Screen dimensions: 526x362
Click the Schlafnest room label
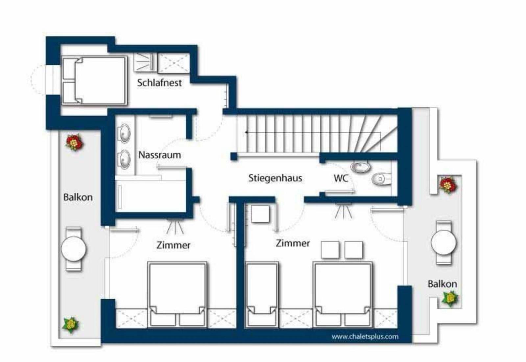pyautogui.click(x=159, y=83)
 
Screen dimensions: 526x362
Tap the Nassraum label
pyautogui.click(x=160, y=155)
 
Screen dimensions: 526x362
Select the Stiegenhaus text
pyautogui.click(x=275, y=178)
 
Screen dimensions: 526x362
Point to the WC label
pyautogui.click(x=341, y=178)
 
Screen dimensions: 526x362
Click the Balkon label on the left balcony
pyautogui.click(x=78, y=197)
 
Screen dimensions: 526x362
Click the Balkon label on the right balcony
pyautogui.click(x=442, y=284)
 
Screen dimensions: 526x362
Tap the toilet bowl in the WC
pyautogui.click(x=382, y=179)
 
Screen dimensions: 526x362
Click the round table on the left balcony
pyautogui.click(x=74, y=249)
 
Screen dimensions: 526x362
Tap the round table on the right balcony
pyautogui.click(x=443, y=242)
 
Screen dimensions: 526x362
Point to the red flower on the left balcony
pyautogui.click(x=74, y=142)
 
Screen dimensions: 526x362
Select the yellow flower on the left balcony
pyautogui.click(x=71, y=325)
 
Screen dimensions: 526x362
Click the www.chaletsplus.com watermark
pyautogui.click(x=365, y=337)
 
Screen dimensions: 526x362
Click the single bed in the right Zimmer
pyautogui.click(x=262, y=295)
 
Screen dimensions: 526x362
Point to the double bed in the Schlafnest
pyautogui.click(x=94, y=80)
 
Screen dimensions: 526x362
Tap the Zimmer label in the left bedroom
pyautogui.click(x=173, y=245)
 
